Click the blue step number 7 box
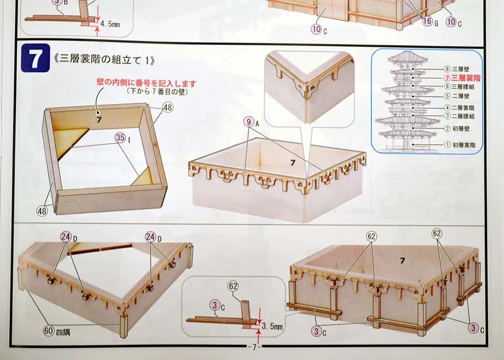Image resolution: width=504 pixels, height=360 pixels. pyautogui.click(x=35, y=58)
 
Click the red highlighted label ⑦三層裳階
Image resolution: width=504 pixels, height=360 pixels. pyautogui.click(x=462, y=78)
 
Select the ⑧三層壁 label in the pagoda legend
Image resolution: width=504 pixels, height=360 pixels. pyautogui.click(x=457, y=69)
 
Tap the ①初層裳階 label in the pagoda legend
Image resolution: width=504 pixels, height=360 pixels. pyautogui.click(x=460, y=145)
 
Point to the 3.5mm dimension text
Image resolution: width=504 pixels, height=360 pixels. pyautogui.click(x=272, y=327)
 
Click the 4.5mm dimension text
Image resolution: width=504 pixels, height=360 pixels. pyautogui.click(x=110, y=24)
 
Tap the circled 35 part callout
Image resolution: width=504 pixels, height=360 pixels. pyautogui.click(x=122, y=138)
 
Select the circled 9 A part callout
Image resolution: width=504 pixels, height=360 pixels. pyautogui.click(x=251, y=122)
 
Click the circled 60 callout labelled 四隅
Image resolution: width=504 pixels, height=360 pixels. pyautogui.click(x=56, y=331)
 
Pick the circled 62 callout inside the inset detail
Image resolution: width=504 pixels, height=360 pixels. pyautogui.click(x=233, y=286)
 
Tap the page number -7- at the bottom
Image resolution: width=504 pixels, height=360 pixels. pyautogui.click(x=254, y=347)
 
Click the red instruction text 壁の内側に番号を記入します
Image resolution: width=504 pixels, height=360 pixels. pyautogui.click(x=146, y=83)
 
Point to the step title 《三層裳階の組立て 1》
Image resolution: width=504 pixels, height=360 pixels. pyautogui.click(x=103, y=60)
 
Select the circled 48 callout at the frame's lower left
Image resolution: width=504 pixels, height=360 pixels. pyautogui.click(x=42, y=211)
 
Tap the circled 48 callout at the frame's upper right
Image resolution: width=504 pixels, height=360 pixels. pyautogui.click(x=168, y=107)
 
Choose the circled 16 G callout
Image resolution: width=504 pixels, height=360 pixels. pyautogui.click(x=430, y=21)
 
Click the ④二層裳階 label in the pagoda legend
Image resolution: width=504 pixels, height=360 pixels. pyautogui.click(x=459, y=108)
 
